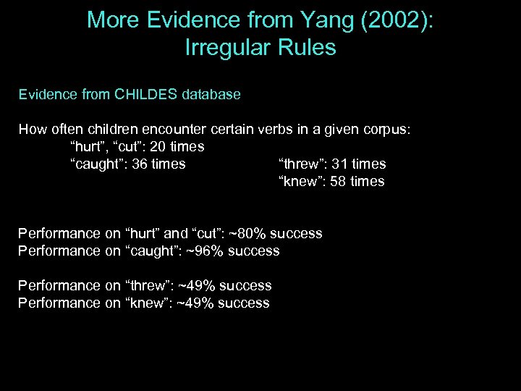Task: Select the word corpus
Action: tap(384, 130)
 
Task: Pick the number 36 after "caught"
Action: tap(141, 164)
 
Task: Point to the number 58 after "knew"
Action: tap(338, 182)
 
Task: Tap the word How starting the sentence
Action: tap(32, 130)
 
